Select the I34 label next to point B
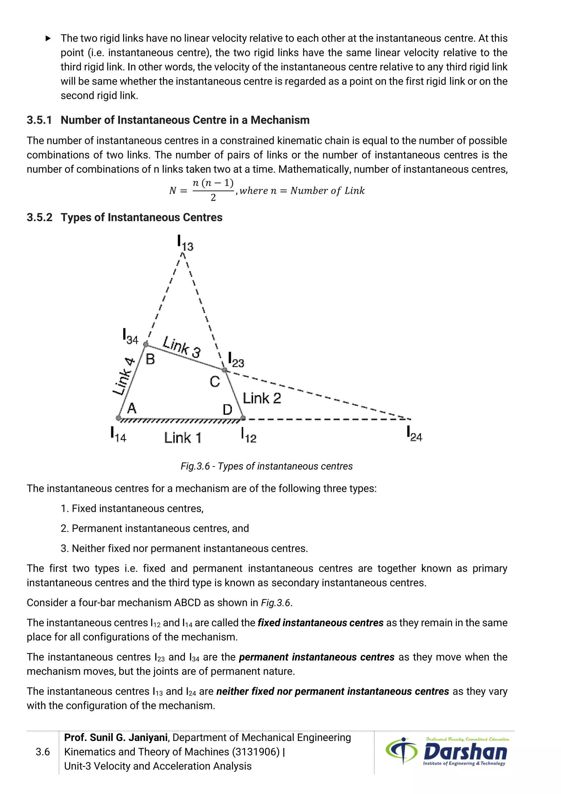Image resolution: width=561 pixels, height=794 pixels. [x=130, y=336]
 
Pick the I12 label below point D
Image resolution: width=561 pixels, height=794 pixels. [x=248, y=435]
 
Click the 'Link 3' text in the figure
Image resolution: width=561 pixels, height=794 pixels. [x=182, y=347]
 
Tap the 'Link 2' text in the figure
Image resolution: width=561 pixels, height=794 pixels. [x=262, y=398]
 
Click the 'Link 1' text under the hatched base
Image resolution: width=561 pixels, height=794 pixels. [x=182, y=438]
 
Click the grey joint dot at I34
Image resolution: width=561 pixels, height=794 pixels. [x=146, y=344]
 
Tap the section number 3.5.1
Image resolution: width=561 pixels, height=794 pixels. [x=39, y=120]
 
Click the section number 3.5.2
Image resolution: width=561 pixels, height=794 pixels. [x=39, y=217]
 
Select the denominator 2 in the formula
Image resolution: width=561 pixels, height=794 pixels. [x=213, y=197]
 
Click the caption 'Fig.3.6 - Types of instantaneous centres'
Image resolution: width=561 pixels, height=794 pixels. [x=266, y=466]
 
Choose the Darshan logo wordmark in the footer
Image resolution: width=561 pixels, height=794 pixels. [x=465, y=752]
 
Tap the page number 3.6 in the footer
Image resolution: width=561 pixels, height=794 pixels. [x=42, y=752]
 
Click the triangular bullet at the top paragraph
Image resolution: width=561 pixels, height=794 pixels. [x=48, y=38]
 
